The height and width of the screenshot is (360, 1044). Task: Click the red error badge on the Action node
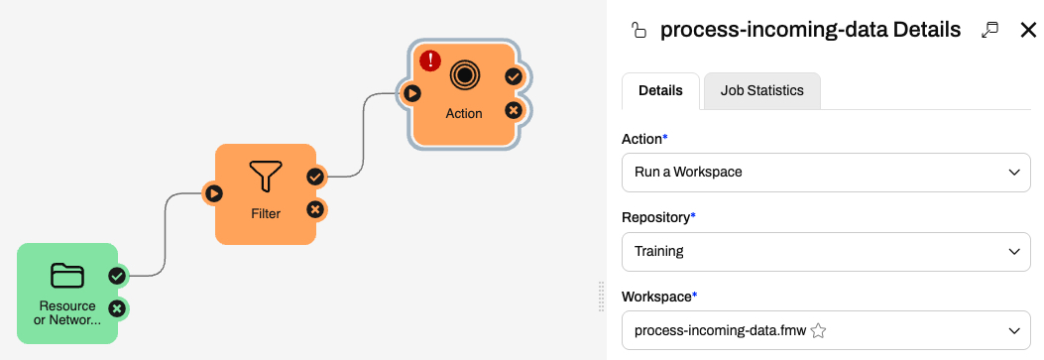point(430,60)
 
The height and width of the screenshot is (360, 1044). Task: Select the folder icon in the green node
point(67,276)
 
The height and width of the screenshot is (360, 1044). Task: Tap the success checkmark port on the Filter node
point(315,177)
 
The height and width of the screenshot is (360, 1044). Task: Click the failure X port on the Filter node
point(315,210)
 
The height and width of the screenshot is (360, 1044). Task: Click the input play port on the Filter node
point(213,193)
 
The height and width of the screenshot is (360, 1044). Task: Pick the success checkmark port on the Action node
point(514,76)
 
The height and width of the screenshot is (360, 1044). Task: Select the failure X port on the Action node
point(514,110)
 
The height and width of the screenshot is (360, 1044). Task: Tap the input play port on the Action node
point(412,93)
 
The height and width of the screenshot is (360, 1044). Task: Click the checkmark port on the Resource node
point(117,276)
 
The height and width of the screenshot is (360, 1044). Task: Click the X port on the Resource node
point(117,308)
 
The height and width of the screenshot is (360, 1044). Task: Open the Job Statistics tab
point(762,91)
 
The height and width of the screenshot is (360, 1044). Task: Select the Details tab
point(660,91)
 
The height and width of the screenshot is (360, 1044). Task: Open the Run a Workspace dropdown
point(826,173)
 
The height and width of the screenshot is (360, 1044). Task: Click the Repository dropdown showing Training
point(826,252)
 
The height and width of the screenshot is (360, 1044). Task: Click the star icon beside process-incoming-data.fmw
point(819,330)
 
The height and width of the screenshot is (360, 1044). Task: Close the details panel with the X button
point(1028,30)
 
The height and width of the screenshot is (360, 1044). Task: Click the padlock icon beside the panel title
point(638,31)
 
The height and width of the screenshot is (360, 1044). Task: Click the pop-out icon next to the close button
point(990,30)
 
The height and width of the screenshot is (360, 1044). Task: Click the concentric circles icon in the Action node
point(464,74)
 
